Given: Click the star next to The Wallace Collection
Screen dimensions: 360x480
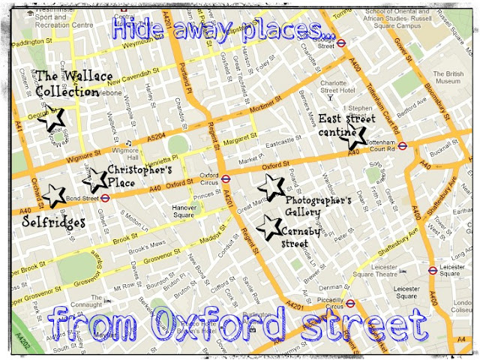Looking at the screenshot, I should click(x=52, y=119).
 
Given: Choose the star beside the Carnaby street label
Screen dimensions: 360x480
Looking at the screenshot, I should click(x=265, y=225).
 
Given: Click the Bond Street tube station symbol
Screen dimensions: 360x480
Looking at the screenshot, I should click(x=106, y=199).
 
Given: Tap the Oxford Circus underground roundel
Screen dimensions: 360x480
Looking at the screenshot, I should click(x=226, y=179).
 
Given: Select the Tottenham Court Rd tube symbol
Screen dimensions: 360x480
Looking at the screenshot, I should click(x=402, y=146).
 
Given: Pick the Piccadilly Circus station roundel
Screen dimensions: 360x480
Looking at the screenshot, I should click(x=349, y=304).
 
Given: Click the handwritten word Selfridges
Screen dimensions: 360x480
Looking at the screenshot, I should click(x=53, y=223).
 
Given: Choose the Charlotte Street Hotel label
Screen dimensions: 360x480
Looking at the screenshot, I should click(x=339, y=86).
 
